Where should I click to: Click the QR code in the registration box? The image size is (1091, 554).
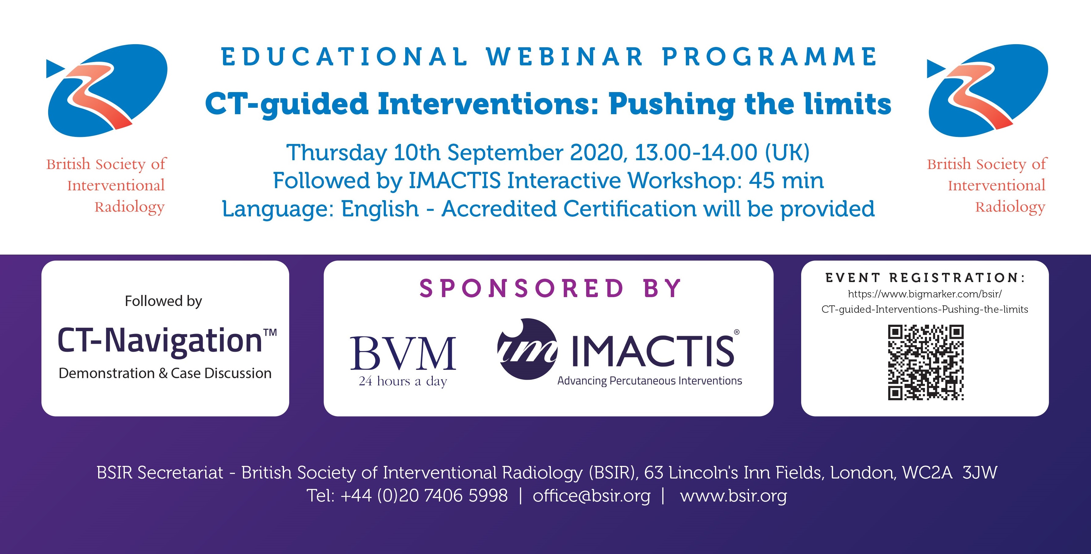point(926,362)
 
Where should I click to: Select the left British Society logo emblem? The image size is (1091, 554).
point(107,90)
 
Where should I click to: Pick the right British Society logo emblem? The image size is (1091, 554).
point(988,90)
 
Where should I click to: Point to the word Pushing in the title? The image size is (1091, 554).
point(672,105)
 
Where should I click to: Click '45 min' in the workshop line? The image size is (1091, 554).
point(786,180)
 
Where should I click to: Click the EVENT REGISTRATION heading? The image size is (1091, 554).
point(925,278)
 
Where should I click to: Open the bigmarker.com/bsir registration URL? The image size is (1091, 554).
point(925,301)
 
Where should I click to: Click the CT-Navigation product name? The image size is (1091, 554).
point(167,340)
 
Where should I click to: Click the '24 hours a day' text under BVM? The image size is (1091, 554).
point(403,381)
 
